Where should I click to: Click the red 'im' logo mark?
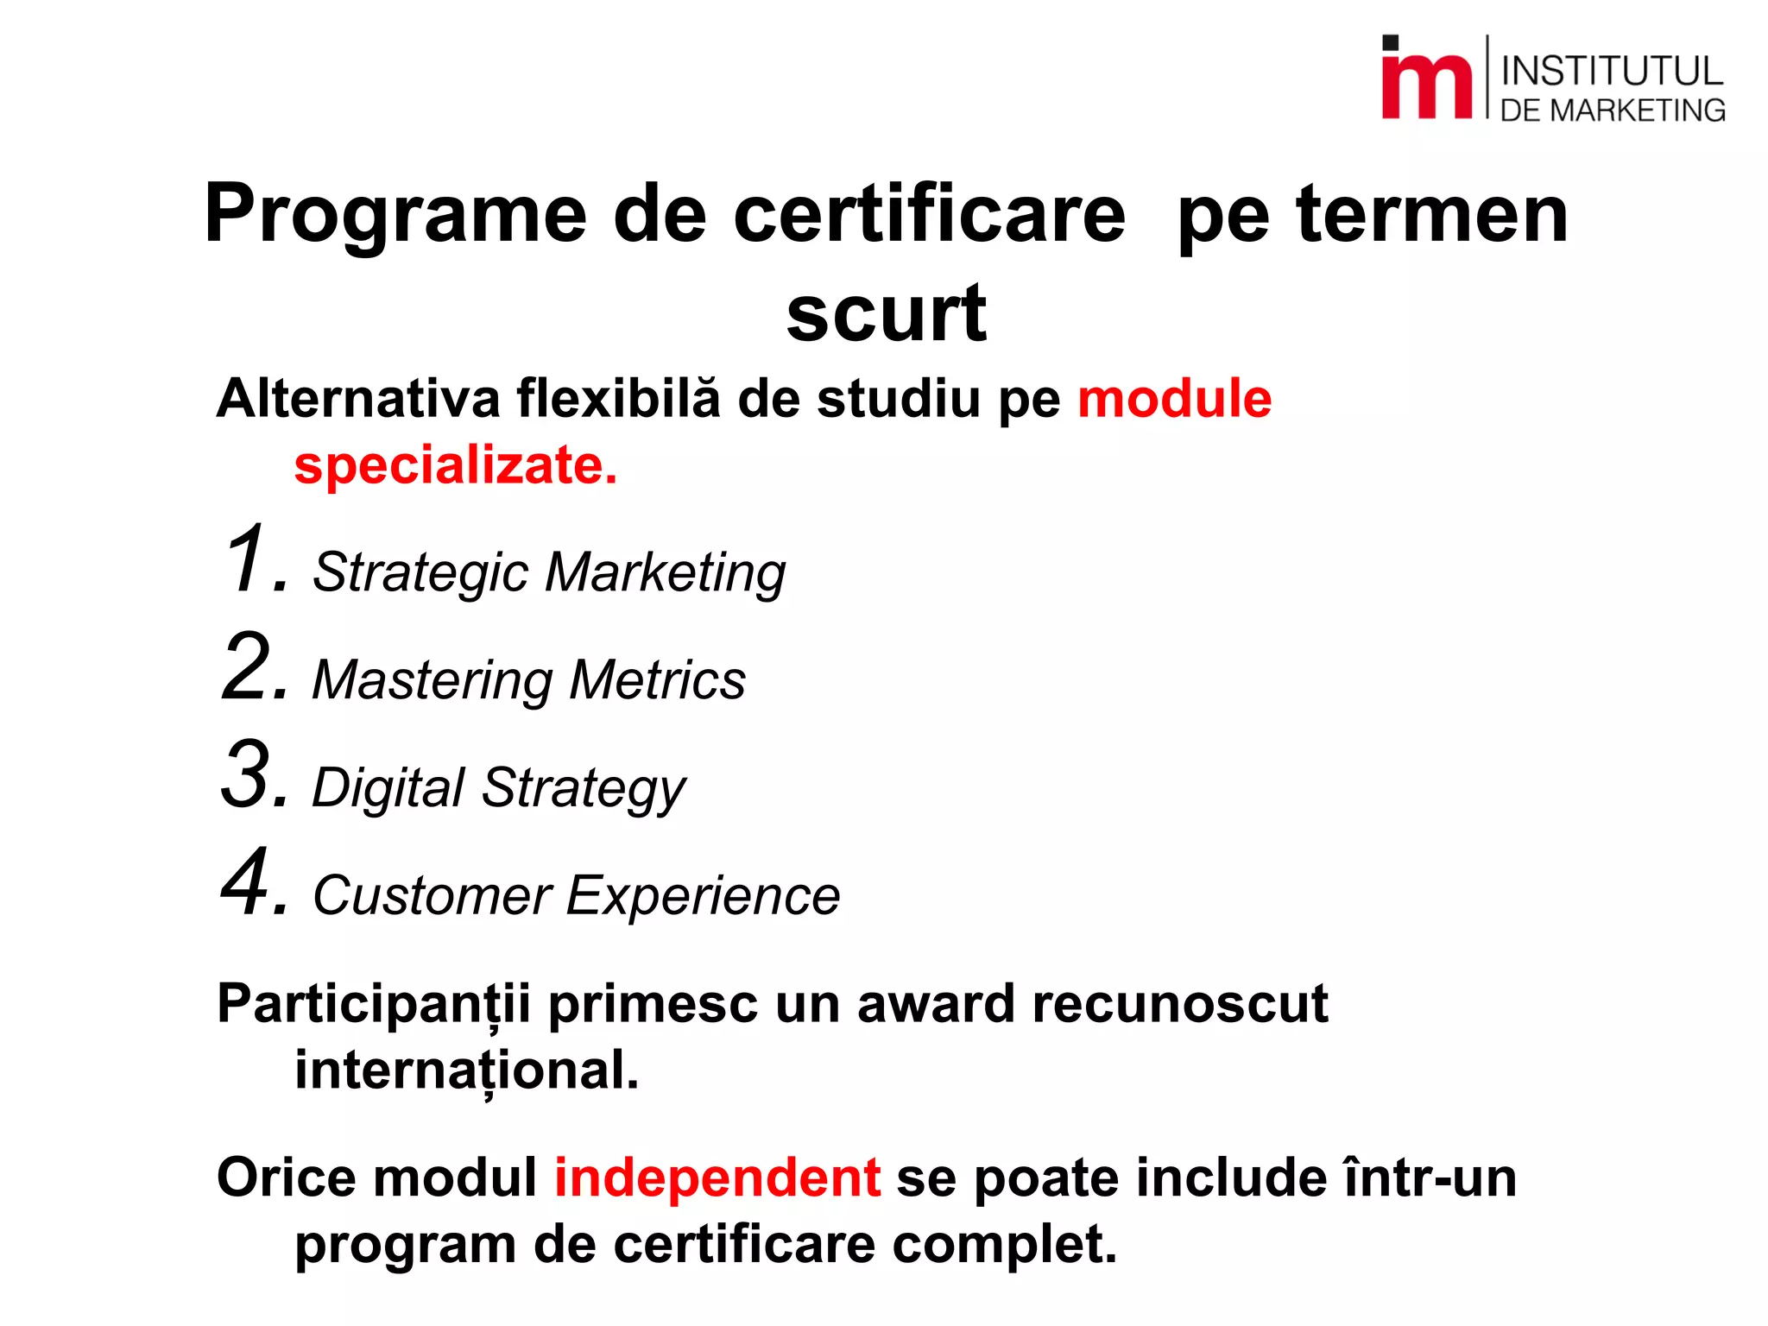pyautogui.click(x=1425, y=79)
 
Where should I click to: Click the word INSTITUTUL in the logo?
pyautogui.click(x=1612, y=71)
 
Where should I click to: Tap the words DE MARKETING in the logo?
pyautogui.click(x=1612, y=110)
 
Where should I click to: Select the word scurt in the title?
pyautogui.click(x=886, y=313)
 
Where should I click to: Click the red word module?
pyautogui.click(x=1174, y=399)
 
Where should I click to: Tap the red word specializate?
pyautogui.click(x=455, y=466)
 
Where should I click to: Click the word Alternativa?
pyautogui.click(x=358, y=399)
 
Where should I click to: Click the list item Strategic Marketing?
pyautogui.click(x=549, y=572)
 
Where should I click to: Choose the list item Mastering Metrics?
pyautogui.click(x=528, y=680)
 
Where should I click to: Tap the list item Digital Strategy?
pyautogui.click(x=498, y=788)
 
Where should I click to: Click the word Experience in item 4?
pyautogui.click(x=703, y=896)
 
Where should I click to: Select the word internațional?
pyautogui.click(x=466, y=1070)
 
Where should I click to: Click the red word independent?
pyautogui.click(x=717, y=1178)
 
